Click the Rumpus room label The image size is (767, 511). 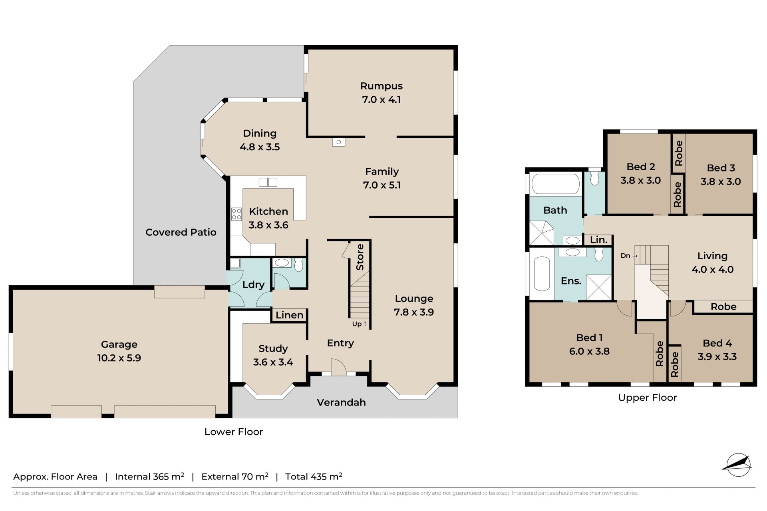pos(381,86)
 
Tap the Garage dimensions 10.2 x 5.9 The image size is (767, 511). pos(119,358)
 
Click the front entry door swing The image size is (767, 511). pos(338,367)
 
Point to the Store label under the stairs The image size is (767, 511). pos(360,257)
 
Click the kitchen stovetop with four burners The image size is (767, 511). pos(236,214)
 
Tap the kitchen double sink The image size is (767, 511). pos(268,182)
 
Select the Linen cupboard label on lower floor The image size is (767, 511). pos(290,315)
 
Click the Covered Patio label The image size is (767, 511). pos(181,233)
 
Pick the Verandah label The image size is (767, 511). pos(341,402)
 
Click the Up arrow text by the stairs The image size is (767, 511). pos(360,324)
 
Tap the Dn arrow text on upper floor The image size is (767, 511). pos(629,256)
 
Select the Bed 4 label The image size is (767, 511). pos(717,343)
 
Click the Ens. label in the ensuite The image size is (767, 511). pos(571,281)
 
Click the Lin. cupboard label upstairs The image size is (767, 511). pos(599,240)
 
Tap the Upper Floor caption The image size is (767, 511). pos(648,398)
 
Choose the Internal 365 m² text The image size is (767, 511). pos(149,477)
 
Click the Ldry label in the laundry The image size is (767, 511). pos(253,285)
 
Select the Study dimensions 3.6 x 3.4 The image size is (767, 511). pos(273,362)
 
